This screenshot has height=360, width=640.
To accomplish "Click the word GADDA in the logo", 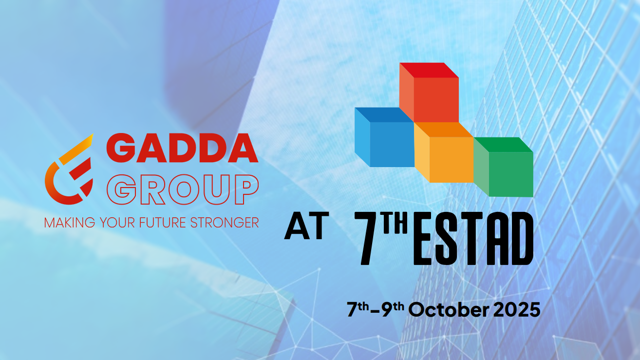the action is point(182,148).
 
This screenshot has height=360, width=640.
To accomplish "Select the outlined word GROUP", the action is point(183,189).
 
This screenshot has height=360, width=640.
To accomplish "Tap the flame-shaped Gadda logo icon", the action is point(69,169).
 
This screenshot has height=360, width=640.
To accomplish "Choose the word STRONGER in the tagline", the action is point(225,223).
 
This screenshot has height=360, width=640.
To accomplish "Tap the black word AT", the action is point(306,226).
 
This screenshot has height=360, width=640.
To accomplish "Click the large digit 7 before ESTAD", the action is point(368,238).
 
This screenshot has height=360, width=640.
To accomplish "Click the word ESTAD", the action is point(473,238).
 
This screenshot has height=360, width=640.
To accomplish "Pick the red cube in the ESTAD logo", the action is point(429,93).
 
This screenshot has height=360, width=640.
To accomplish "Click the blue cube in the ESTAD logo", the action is point(384,137).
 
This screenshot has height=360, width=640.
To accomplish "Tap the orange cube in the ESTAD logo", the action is point(444,152).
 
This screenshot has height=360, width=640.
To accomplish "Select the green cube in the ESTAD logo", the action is point(504,167).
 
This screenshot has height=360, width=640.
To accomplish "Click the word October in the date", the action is point(449,310).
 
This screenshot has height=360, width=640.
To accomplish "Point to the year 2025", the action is point(517,310).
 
